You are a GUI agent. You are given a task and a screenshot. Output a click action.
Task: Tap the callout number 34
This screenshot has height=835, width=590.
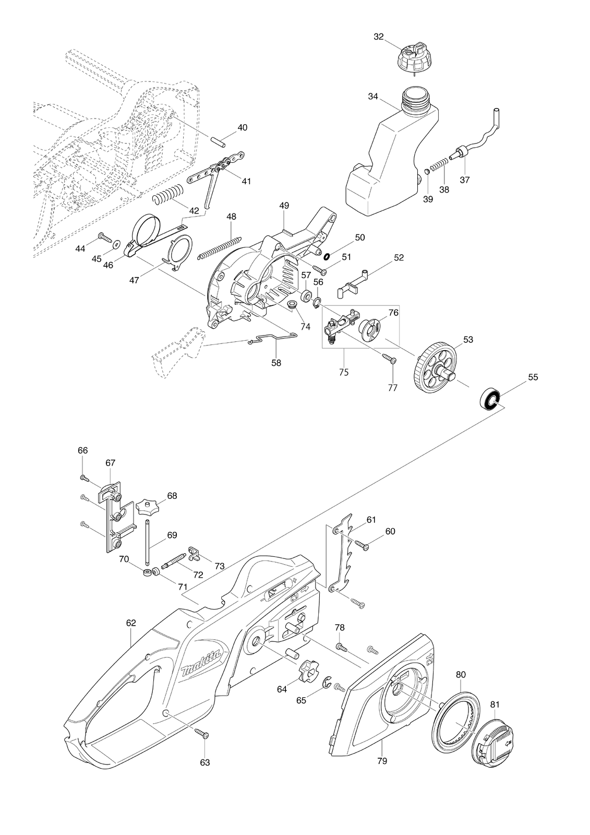[x=372, y=97]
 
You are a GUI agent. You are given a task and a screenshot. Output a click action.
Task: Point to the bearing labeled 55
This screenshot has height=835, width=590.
[x=489, y=399]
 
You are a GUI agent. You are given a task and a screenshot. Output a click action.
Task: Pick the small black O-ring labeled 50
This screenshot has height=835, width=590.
[x=327, y=256]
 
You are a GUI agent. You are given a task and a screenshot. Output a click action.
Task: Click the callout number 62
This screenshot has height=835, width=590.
[x=131, y=623]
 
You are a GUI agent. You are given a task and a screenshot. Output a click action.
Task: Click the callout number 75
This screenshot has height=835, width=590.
[x=344, y=372]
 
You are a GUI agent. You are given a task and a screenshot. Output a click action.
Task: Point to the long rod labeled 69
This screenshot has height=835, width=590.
[x=148, y=542]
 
